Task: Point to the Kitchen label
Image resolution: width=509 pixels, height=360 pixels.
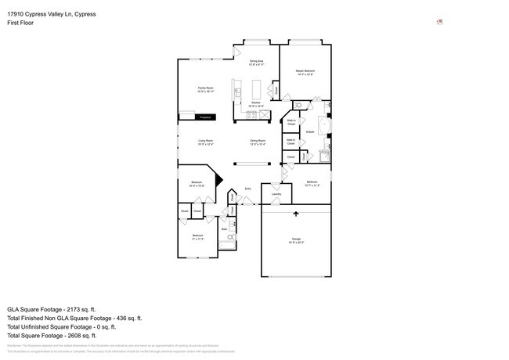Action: point(256,103)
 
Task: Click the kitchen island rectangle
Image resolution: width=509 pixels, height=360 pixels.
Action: point(236,92)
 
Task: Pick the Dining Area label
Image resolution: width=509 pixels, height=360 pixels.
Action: point(256,61)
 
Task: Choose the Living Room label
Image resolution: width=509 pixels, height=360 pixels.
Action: point(205,141)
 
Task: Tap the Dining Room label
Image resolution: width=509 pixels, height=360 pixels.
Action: point(258,141)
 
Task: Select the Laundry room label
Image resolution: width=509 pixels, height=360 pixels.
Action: point(276,194)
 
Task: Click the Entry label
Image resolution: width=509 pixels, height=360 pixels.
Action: point(248,189)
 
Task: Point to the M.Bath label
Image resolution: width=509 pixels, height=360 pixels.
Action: point(310,131)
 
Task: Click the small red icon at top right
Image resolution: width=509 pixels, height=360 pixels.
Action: point(440,22)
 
